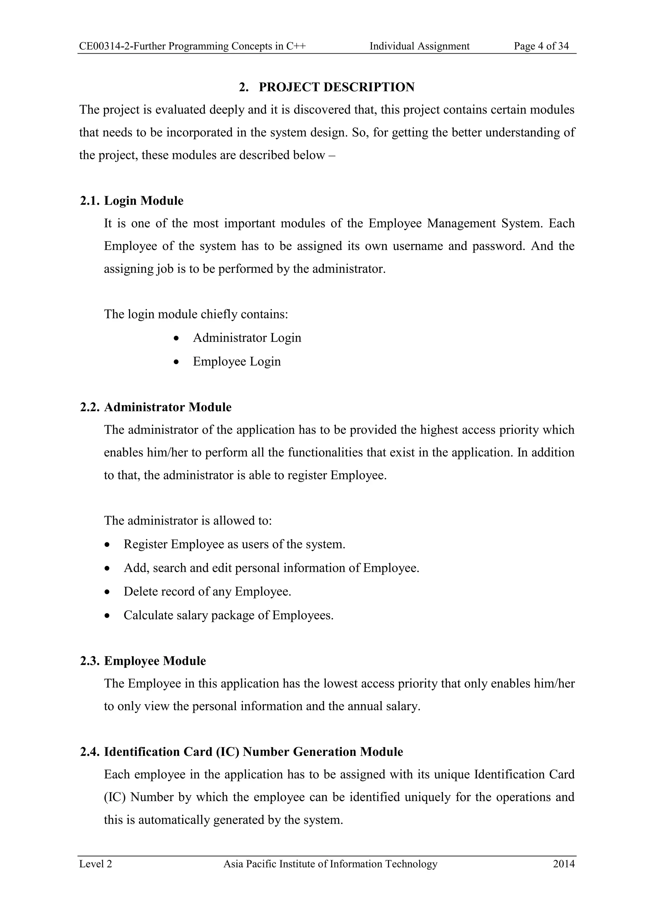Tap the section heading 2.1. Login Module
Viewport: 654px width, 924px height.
132,201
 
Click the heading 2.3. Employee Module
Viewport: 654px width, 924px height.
143,661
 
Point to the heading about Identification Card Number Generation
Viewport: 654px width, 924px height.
242,752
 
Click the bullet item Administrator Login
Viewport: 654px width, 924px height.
247,338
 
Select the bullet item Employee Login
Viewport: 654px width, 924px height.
237,361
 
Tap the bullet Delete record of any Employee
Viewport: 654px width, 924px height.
207,592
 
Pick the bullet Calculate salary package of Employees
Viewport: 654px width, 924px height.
228,615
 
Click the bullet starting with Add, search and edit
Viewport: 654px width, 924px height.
271,568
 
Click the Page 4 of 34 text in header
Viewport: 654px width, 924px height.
541,46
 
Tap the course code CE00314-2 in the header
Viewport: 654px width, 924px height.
105,46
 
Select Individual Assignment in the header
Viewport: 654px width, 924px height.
419,46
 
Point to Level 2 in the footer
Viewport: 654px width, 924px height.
95,864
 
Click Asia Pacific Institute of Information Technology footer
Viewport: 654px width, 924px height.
330,864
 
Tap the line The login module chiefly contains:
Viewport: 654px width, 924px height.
196,314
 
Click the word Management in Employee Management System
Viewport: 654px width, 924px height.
461,223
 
